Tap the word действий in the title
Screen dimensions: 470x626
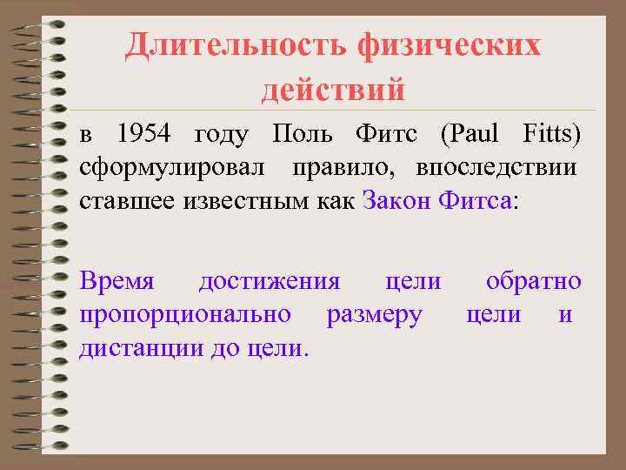pyautogui.click(x=333, y=88)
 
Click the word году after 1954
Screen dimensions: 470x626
pyautogui.click(x=222, y=135)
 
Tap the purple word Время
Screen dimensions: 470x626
pyautogui.click(x=117, y=281)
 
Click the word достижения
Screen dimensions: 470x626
pyautogui.click(x=269, y=282)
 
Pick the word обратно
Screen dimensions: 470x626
pyautogui.click(x=534, y=281)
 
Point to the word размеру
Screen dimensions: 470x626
pyautogui.click(x=374, y=316)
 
